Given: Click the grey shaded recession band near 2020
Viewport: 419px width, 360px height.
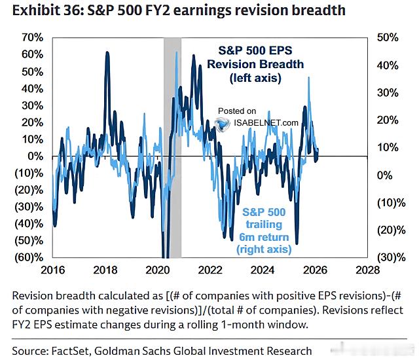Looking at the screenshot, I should tap(172, 131).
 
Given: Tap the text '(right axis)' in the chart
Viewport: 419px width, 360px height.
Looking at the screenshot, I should tap(265, 249).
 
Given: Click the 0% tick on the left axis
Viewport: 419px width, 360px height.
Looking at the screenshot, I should tap(33, 156).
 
